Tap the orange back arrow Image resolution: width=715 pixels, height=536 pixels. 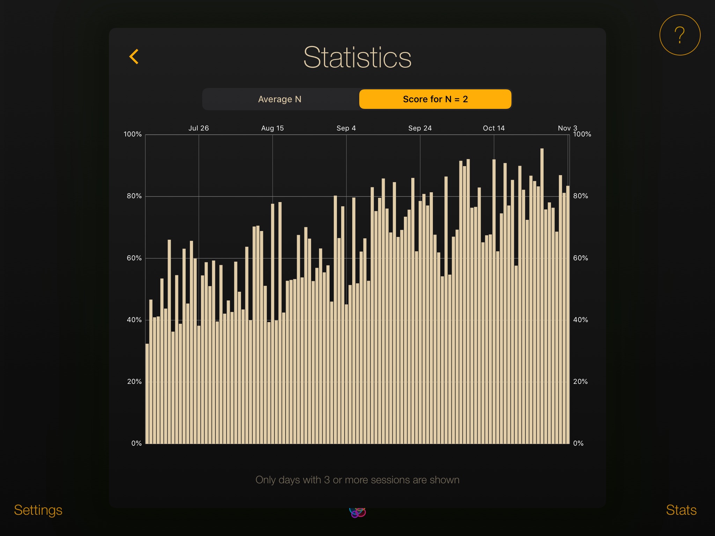pyautogui.click(x=134, y=57)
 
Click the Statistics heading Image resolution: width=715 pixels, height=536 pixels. pyautogui.click(x=357, y=58)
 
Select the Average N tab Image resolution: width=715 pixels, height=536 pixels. pyautogui.click(x=280, y=99)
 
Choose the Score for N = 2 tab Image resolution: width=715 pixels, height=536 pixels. pyautogui.click(x=435, y=99)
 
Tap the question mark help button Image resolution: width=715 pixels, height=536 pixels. pyautogui.click(x=679, y=35)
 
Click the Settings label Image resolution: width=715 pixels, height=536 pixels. pyautogui.click(x=38, y=510)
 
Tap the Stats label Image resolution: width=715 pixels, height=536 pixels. pyautogui.click(x=681, y=510)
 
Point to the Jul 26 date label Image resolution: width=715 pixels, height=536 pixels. pyautogui.click(x=199, y=128)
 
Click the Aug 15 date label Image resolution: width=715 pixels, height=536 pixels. pyautogui.click(x=272, y=128)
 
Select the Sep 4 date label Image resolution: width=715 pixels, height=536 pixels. pyautogui.click(x=346, y=128)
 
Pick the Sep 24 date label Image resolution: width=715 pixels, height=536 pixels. pyautogui.click(x=420, y=128)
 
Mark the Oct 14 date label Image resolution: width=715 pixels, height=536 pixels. pyautogui.click(x=494, y=128)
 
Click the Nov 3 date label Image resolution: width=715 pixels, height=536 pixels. pyautogui.click(x=567, y=128)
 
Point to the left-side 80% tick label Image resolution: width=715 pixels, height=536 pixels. pyautogui.click(x=134, y=196)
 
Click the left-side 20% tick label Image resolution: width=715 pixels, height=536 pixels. pyautogui.click(x=134, y=382)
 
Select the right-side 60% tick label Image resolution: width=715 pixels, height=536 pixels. pyautogui.click(x=581, y=258)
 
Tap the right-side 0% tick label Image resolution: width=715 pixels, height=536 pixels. pyautogui.click(x=578, y=444)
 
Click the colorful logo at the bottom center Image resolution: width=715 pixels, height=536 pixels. pyautogui.click(x=357, y=512)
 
